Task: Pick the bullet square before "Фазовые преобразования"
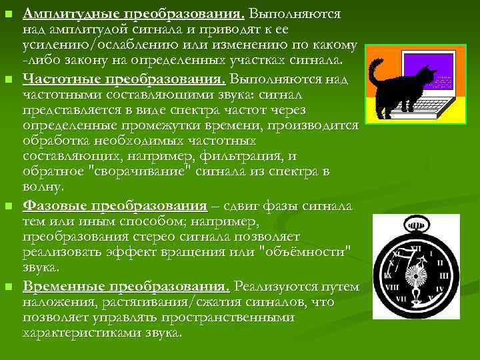8,206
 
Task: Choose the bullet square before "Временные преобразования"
8,288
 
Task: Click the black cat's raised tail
377,72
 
